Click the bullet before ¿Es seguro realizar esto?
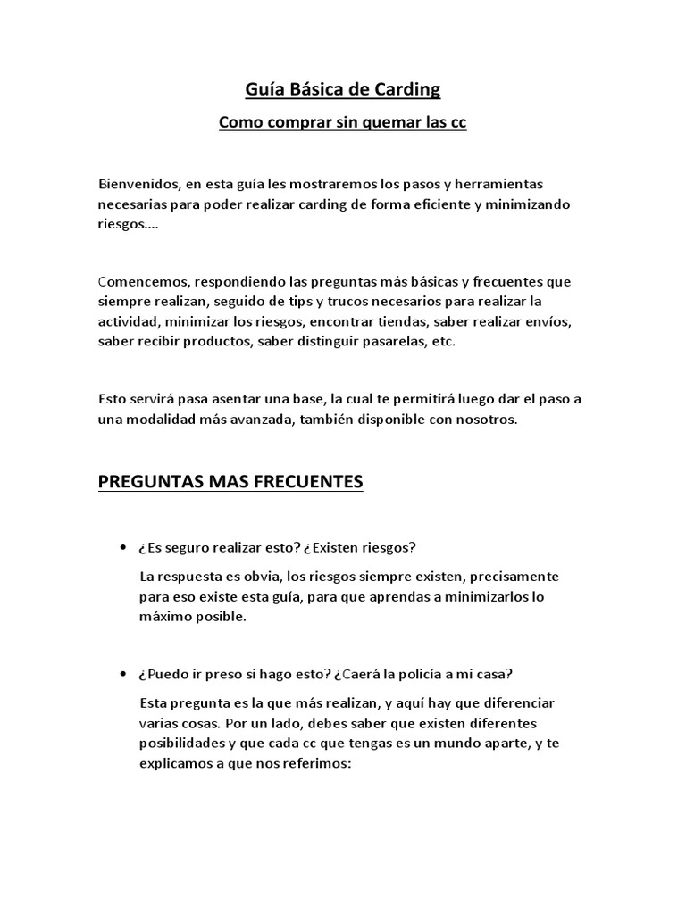click(121, 547)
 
